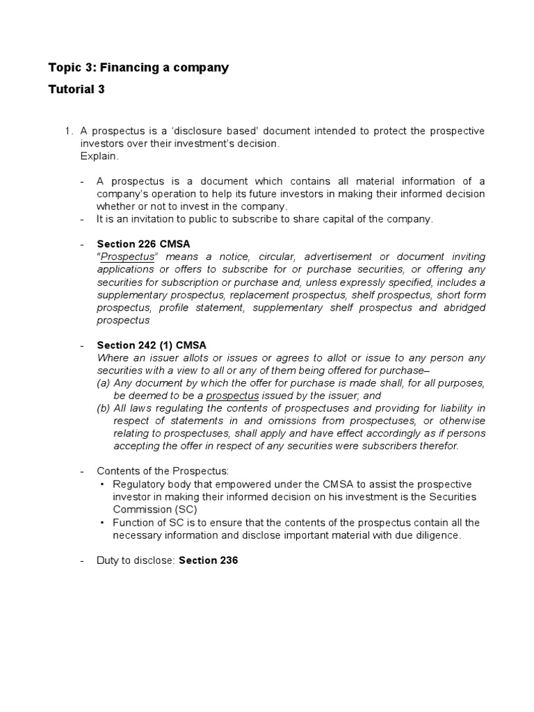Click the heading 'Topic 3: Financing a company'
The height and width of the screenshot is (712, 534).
point(138,67)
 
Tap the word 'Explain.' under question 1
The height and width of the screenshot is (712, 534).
point(99,156)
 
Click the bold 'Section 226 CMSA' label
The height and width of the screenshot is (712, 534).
point(143,244)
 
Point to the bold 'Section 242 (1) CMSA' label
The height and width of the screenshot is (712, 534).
point(152,345)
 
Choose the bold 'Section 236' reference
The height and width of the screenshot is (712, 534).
point(209,560)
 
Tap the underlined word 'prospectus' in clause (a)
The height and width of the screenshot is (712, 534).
point(232,396)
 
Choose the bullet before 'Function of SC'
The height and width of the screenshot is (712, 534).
point(103,522)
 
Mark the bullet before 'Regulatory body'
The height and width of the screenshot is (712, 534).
point(103,484)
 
